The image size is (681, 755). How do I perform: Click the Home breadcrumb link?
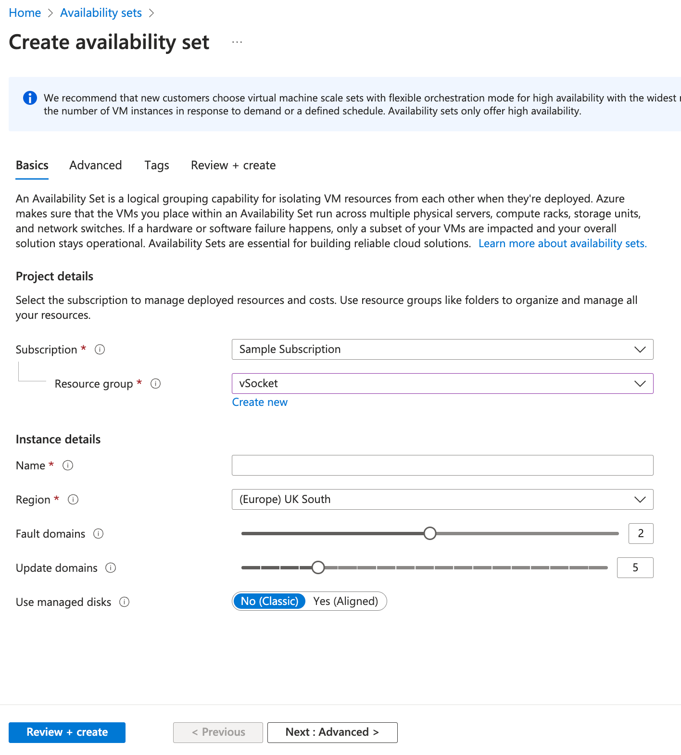click(25, 13)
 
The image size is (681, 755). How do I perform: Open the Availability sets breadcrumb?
click(101, 13)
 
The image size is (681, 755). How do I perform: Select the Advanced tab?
click(95, 165)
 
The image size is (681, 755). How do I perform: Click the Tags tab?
click(157, 165)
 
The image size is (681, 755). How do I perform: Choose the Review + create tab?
click(233, 165)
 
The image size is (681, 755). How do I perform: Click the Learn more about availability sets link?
click(562, 244)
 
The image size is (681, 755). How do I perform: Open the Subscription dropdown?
click(442, 350)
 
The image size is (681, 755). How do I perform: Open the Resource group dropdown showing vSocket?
click(442, 384)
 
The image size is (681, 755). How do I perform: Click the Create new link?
click(260, 403)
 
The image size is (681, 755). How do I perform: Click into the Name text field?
click(442, 466)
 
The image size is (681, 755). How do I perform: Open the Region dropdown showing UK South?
click(442, 500)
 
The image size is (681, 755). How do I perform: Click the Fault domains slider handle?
click(430, 533)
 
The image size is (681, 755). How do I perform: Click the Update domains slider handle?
click(318, 567)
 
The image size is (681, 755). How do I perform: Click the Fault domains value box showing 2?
click(641, 534)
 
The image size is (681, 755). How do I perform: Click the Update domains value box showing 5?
click(635, 568)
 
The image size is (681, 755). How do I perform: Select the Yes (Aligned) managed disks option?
click(345, 602)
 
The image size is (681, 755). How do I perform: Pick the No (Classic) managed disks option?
click(269, 602)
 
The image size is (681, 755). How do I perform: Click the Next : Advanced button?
click(332, 732)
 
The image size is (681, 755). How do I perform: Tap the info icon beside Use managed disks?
click(125, 602)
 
